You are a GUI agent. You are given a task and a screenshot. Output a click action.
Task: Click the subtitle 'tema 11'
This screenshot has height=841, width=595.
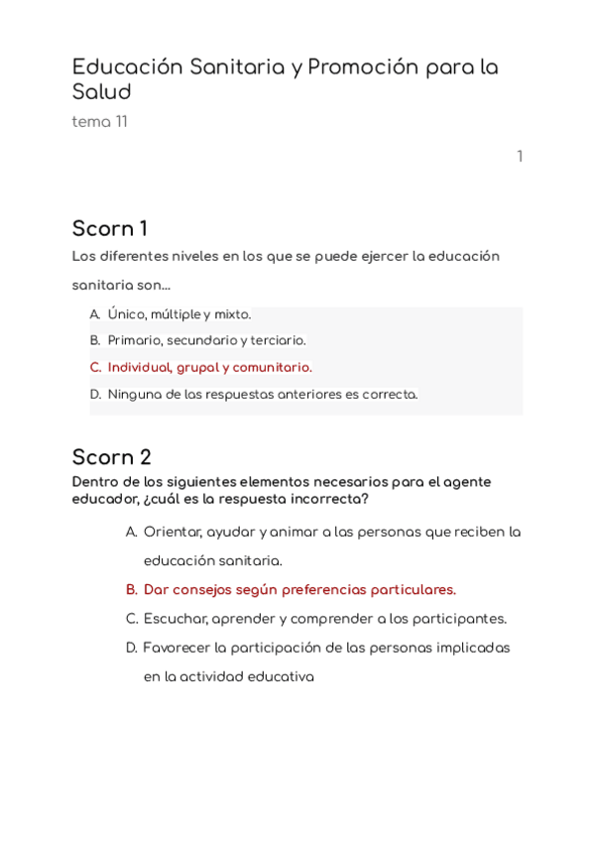click(99, 122)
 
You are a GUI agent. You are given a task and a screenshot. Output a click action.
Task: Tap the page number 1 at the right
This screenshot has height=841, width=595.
click(519, 157)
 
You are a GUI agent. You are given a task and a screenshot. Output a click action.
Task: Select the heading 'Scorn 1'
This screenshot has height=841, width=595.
click(110, 228)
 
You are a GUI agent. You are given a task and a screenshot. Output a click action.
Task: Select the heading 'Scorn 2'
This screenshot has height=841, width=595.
click(112, 457)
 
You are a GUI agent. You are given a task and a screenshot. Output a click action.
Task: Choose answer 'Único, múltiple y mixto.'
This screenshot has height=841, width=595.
click(179, 314)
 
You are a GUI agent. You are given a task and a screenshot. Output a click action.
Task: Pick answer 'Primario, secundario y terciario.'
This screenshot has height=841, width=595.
click(206, 340)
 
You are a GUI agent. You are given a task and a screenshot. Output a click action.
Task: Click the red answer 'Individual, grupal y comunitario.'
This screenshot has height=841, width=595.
click(209, 367)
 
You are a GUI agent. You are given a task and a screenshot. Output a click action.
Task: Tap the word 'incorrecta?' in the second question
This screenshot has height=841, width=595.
click(333, 498)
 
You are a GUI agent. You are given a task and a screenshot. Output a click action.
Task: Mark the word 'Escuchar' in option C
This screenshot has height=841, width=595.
click(175, 618)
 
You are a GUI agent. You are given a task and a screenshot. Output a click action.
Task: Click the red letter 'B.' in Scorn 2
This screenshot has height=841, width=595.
click(132, 589)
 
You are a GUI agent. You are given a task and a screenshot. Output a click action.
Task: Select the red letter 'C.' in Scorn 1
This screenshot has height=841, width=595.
click(96, 367)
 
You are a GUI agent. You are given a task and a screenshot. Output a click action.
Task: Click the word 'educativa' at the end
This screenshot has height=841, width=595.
click(282, 677)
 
